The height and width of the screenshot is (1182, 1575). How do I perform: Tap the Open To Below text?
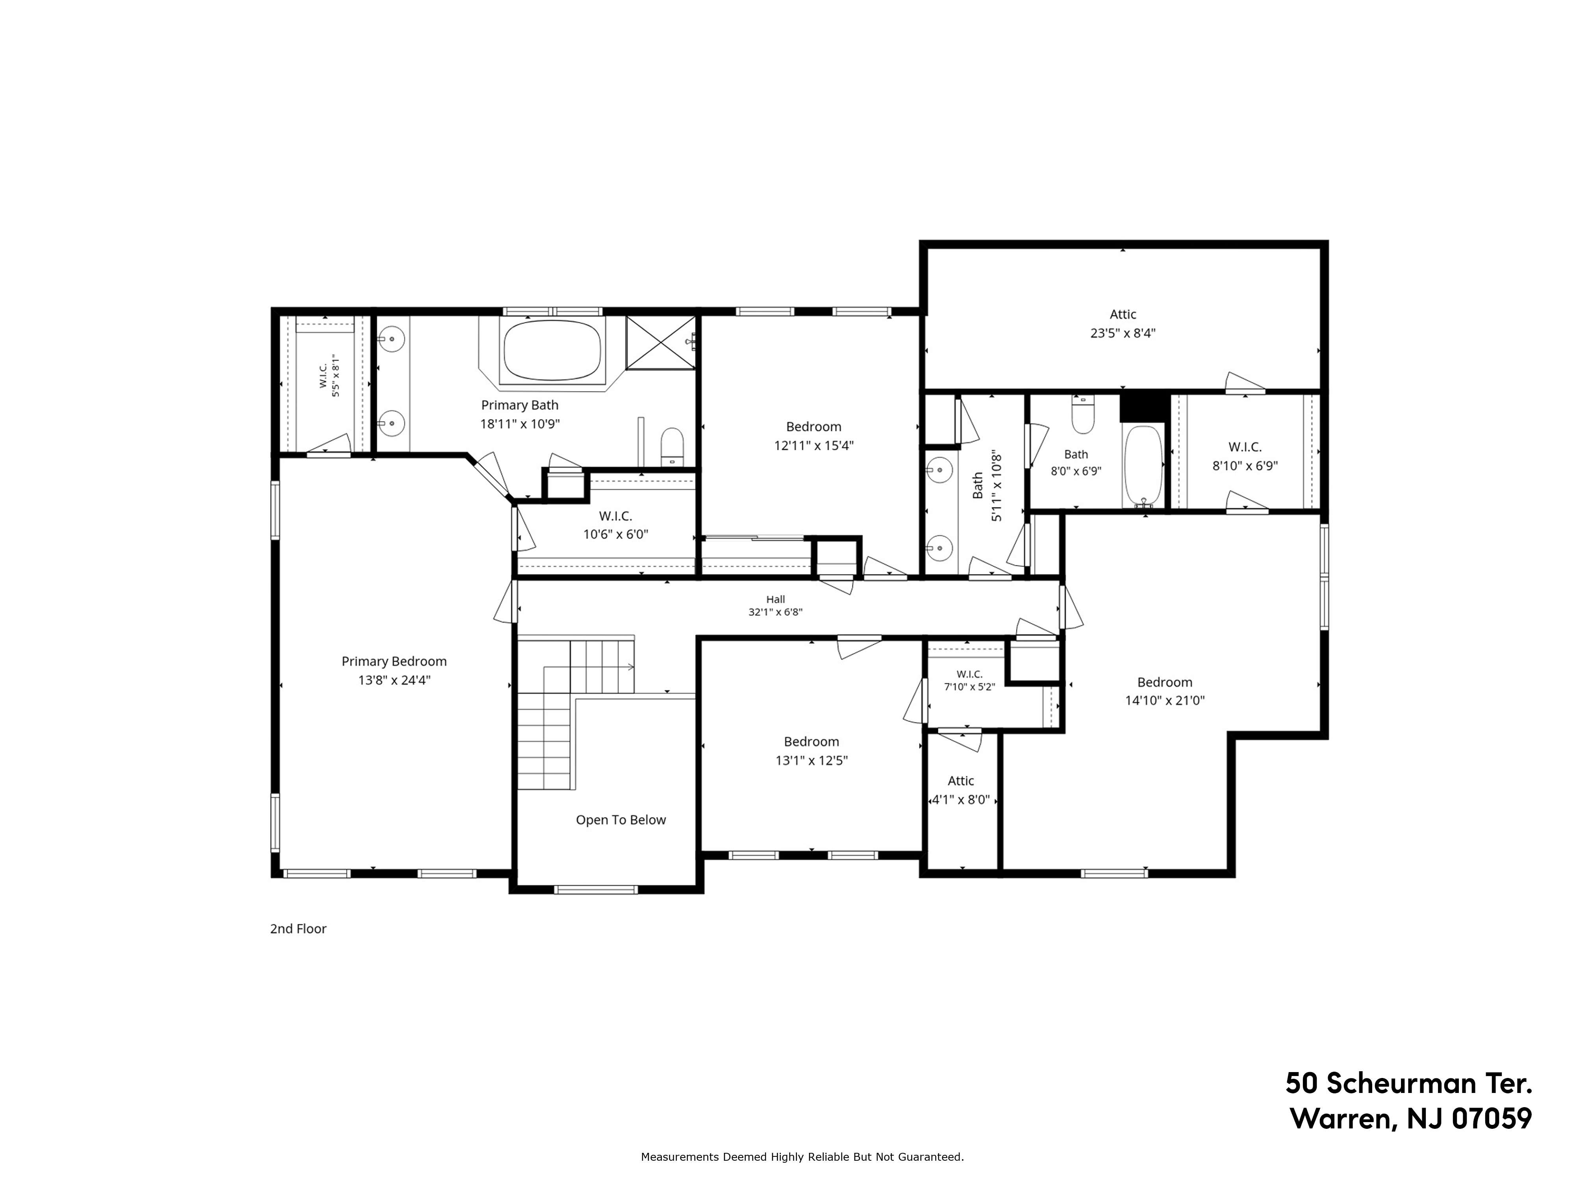pos(621,820)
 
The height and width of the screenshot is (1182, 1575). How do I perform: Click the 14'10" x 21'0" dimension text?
pos(1165,701)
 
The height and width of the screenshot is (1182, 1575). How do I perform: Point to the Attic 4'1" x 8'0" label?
pos(961,790)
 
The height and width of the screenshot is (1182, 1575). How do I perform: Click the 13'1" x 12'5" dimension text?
pos(812,760)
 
